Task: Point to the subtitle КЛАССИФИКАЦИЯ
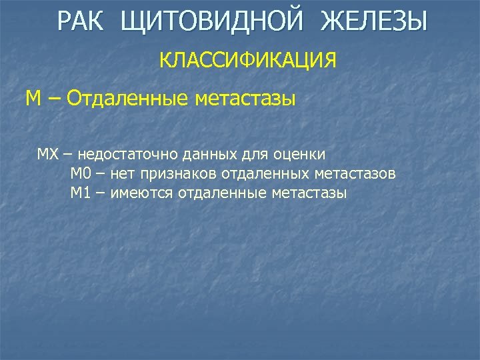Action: [247, 61]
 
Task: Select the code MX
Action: [48, 155]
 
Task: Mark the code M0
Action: [81, 174]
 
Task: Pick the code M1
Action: [81, 193]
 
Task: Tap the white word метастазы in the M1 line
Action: [309, 193]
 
